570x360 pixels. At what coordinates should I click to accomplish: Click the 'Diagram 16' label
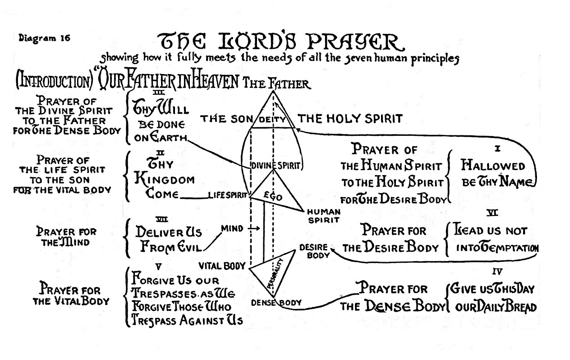click(x=44, y=38)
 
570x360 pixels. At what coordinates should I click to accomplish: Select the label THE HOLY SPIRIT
click(x=350, y=119)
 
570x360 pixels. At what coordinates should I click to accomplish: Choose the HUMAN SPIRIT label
click(x=324, y=216)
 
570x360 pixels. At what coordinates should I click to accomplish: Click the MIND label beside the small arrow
click(x=232, y=229)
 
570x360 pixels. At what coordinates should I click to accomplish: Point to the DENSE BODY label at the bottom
click(x=276, y=303)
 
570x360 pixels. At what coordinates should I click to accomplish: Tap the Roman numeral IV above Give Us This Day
click(x=498, y=271)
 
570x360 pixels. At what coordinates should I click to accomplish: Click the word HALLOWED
click(x=493, y=166)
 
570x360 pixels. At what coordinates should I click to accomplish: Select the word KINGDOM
click(x=165, y=180)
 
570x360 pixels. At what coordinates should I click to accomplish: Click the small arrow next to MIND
click(x=254, y=229)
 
